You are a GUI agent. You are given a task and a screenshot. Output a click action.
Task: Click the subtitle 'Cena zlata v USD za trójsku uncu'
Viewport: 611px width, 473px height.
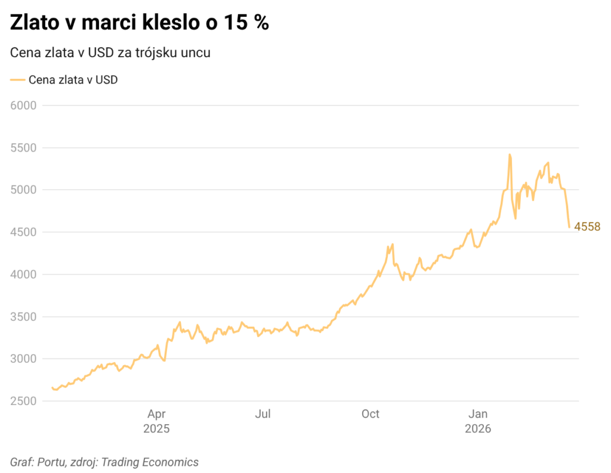point(110,52)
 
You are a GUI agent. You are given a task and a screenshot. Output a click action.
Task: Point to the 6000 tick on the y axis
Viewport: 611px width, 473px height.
point(24,105)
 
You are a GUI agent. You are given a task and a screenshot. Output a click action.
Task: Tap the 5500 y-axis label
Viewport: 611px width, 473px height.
point(24,147)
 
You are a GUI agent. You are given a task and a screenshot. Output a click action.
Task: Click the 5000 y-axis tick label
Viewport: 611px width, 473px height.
point(24,190)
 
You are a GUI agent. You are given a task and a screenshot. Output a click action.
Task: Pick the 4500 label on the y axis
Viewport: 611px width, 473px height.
point(24,232)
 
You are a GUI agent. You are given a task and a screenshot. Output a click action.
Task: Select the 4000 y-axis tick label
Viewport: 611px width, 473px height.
point(24,274)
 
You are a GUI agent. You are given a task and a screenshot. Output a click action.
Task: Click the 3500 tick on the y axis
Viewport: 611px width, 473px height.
point(24,317)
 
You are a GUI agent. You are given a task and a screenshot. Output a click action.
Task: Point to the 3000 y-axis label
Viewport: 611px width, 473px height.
point(24,358)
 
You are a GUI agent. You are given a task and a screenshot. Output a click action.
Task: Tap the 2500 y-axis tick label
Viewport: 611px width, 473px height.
point(24,401)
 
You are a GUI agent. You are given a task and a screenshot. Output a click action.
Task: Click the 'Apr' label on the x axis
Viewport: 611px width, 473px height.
point(156,415)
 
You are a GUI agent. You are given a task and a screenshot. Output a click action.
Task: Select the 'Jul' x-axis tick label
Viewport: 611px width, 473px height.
point(263,415)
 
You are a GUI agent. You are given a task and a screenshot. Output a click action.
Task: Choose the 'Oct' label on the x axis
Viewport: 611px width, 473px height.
point(371,415)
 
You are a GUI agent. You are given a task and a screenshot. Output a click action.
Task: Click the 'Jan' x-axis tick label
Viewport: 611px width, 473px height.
point(478,415)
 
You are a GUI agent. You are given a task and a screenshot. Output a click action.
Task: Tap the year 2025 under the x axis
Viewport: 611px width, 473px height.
point(156,429)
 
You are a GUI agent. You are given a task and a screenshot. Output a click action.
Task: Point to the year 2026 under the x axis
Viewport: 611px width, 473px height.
point(478,429)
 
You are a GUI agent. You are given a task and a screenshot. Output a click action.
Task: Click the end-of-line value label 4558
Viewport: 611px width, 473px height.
point(587,227)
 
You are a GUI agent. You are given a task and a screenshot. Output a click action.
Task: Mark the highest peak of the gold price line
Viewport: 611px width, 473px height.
point(510,154)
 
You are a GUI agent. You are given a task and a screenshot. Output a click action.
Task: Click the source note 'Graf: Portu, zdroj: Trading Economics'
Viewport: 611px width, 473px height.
point(104,462)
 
